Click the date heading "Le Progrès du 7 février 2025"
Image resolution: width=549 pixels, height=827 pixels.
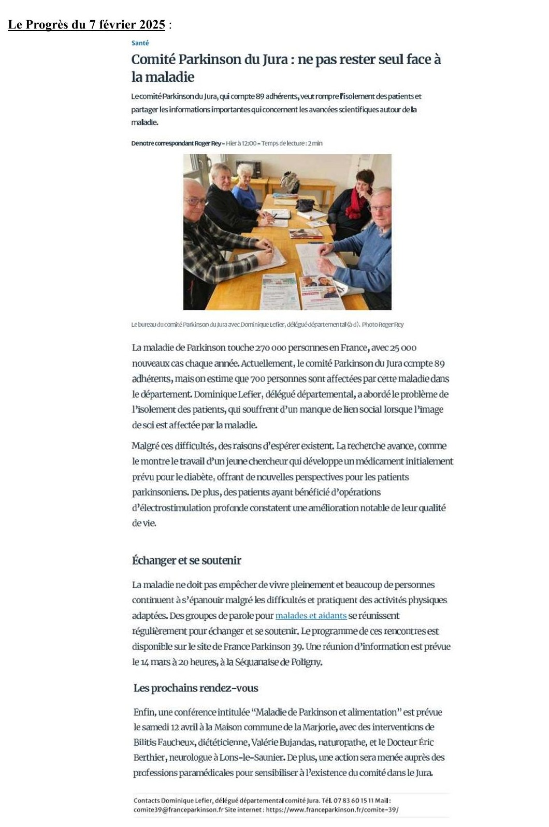[x=86, y=25]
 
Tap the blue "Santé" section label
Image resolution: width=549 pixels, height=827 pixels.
[x=140, y=43]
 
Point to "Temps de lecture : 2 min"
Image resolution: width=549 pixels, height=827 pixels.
[x=292, y=143]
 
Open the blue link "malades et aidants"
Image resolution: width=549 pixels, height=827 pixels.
[x=311, y=616]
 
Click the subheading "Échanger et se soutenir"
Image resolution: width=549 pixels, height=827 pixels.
[x=186, y=560]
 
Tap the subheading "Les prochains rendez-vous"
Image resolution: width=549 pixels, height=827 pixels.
[x=196, y=688]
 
